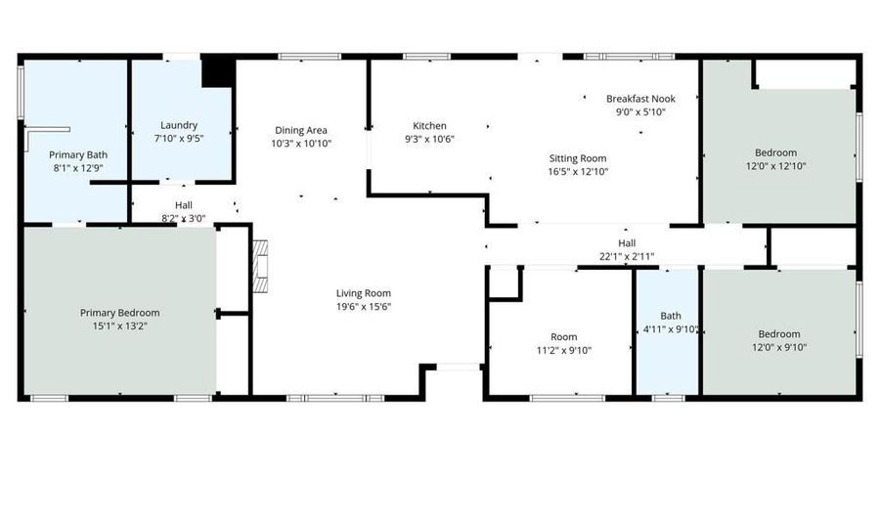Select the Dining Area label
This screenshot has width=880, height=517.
pyautogui.click(x=300, y=130)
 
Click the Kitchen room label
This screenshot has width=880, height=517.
pyautogui.click(x=429, y=126)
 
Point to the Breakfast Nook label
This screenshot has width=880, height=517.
pyautogui.click(x=640, y=99)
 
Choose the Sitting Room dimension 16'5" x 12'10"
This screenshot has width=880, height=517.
pyautogui.click(x=576, y=171)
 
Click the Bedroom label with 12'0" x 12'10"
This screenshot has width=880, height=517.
pyautogui.click(x=775, y=152)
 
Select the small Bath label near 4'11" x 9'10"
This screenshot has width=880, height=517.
pyautogui.click(x=671, y=316)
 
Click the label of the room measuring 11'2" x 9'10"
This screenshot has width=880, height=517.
pyautogui.click(x=564, y=336)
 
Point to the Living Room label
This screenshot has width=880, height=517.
pyautogui.click(x=364, y=293)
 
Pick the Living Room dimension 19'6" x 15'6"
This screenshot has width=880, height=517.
pyautogui.click(x=364, y=306)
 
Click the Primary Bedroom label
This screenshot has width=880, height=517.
pyautogui.click(x=119, y=313)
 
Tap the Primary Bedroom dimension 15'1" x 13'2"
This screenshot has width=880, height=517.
pyautogui.click(x=119, y=325)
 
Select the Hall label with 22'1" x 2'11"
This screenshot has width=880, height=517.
pyautogui.click(x=627, y=243)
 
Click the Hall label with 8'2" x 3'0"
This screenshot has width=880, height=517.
pyautogui.click(x=183, y=205)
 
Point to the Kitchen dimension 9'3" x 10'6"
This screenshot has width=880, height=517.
pyautogui.click(x=429, y=139)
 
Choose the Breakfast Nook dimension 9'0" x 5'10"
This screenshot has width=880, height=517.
pyautogui.click(x=640, y=111)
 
